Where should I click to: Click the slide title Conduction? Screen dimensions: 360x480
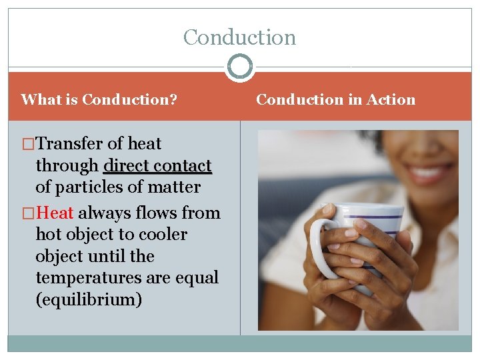tap(239, 37)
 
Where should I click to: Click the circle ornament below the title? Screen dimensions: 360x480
tap(240, 67)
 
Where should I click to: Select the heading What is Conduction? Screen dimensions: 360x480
tap(99, 100)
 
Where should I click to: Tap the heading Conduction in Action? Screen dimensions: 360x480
tap(335, 100)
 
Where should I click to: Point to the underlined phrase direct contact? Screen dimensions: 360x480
tap(157, 165)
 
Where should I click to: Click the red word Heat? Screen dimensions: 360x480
tap(56, 213)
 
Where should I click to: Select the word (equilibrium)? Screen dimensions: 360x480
tap(89, 299)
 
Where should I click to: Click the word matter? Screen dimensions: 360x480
tap(175, 187)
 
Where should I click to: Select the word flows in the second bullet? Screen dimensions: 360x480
tap(158, 213)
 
